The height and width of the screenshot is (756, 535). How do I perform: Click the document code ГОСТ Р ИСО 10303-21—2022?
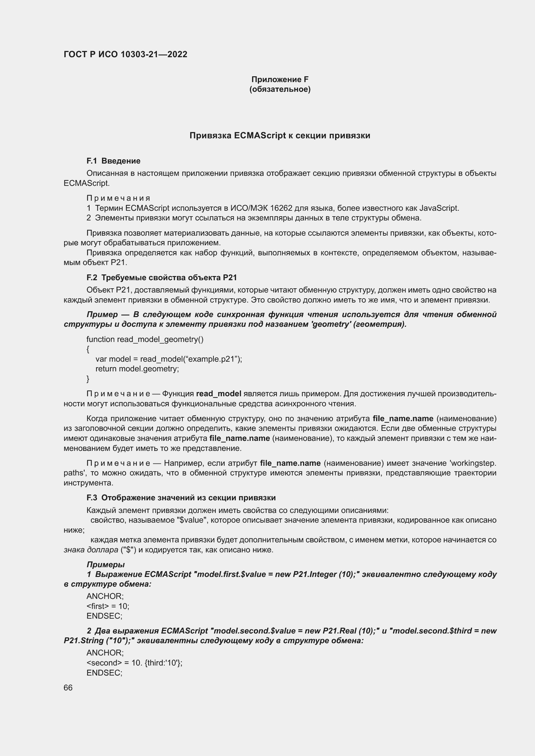point(125,54)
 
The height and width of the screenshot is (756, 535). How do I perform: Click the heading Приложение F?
point(280,80)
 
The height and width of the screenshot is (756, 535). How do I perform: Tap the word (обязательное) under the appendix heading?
point(280,89)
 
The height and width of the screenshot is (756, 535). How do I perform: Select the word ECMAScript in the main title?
point(260,136)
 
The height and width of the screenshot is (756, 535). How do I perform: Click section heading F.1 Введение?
point(113,161)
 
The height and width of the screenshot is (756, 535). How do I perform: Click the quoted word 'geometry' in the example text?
point(331,324)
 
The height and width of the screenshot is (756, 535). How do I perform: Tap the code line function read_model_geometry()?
point(145,339)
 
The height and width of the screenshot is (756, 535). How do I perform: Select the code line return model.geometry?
point(137,369)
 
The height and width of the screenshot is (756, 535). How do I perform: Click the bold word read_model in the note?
point(218,394)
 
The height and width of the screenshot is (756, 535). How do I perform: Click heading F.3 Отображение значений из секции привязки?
point(181,498)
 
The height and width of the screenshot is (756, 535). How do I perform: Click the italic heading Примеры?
point(105,565)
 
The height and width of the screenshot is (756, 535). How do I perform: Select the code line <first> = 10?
point(108,606)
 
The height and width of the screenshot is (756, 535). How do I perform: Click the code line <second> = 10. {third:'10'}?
point(134,663)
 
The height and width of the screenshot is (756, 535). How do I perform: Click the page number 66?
point(68,688)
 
